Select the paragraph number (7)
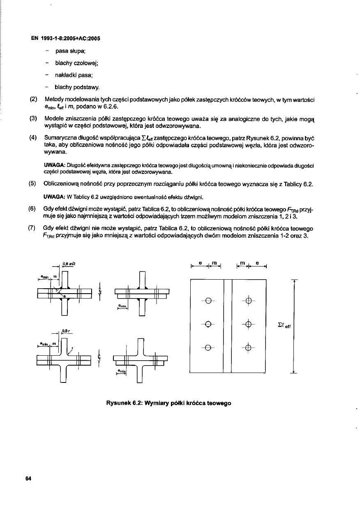tap(34, 227)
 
